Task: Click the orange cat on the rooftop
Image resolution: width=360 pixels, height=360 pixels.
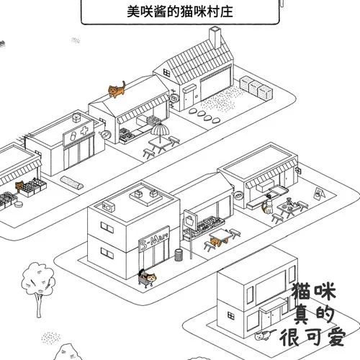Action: [116, 89]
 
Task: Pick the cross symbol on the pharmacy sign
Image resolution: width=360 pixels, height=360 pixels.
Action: [85, 132]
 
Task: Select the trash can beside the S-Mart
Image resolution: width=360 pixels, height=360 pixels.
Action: [178, 255]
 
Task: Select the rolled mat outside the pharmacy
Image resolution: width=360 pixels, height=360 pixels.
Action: [71, 180]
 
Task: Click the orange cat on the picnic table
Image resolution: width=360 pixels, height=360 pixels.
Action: [217, 238]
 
